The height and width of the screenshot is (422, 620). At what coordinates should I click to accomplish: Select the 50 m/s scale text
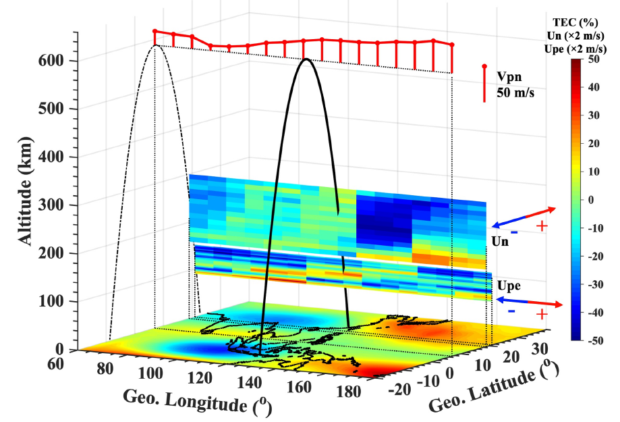click(x=515, y=93)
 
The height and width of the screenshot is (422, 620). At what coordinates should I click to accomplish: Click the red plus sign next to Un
click(x=541, y=226)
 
